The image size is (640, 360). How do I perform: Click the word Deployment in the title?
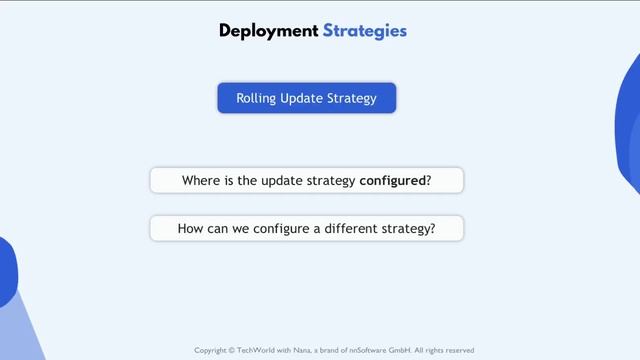pyautogui.click(x=268, y=31)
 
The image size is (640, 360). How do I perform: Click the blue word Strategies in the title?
pyautogui.click(x=365, y=31)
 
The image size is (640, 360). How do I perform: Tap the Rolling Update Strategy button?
pyautogui.click(x=307, y=98)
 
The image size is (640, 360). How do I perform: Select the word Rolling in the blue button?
pyautogui.click(x=255, y=98)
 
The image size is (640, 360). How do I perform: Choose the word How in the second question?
pyautogui.click(x=191, y=229)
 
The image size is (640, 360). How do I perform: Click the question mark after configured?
pyautogui.click(x=429, y=181)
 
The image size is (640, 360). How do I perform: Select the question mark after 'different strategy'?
pyautogui.click(x=432, y=229)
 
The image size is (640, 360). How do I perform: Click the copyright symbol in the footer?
pyautogui.click(x=233, y=351)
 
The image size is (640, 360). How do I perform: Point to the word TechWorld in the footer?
pyautogui.click(x=258, y=351)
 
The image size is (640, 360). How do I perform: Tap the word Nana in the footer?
pyautogui.click(x=302, y=351)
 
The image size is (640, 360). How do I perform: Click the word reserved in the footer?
pyautogui.click(x=458, y=351)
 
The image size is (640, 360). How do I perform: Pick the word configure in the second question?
pyautogui.click(x=269, y=229)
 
